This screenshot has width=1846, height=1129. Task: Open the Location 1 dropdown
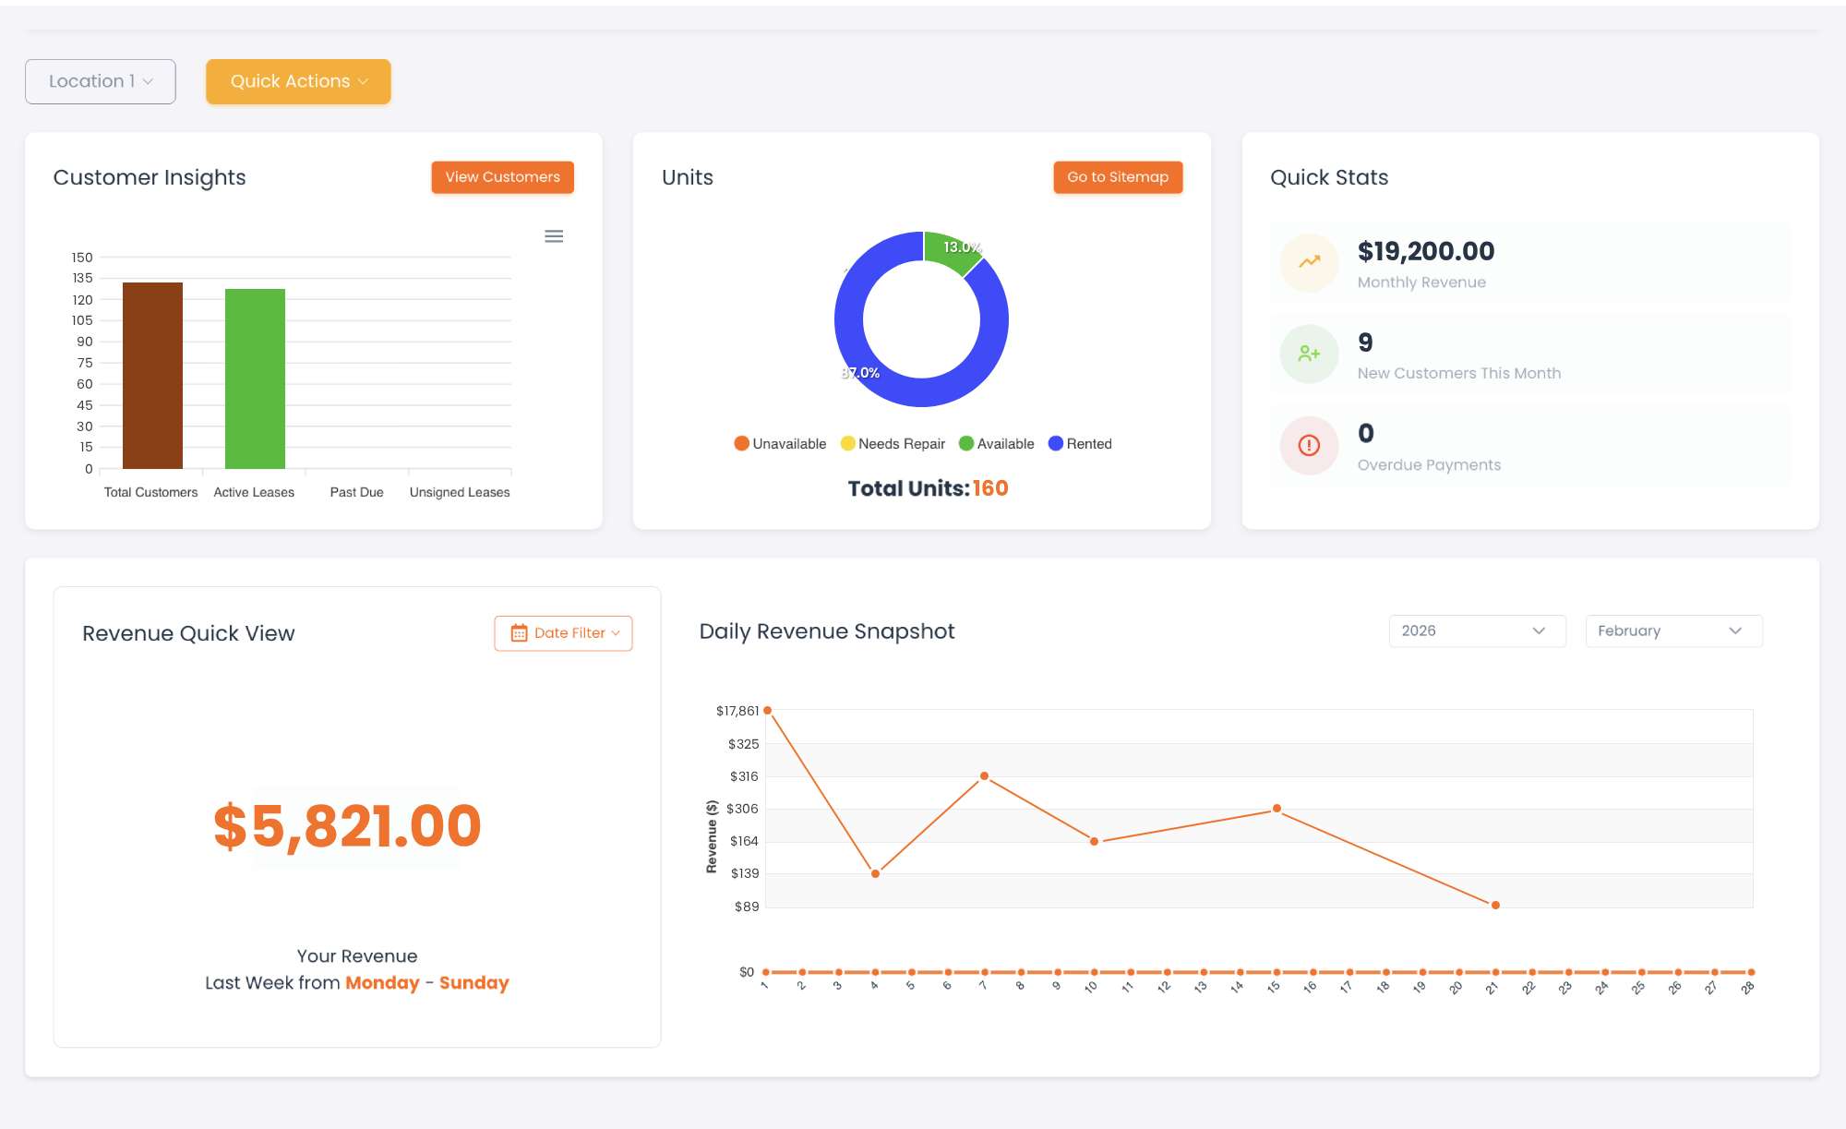100,81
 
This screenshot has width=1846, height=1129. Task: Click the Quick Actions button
298,81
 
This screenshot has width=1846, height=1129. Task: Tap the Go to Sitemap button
1117,177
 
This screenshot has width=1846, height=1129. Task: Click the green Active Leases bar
255,378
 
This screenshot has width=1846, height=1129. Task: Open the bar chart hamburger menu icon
554,236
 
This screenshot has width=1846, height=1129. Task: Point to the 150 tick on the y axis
82,258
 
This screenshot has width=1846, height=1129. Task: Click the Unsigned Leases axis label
459,492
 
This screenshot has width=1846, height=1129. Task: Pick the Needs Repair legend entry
893,444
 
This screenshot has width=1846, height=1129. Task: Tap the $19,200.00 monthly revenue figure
1425,251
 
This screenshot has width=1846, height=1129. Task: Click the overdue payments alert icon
1309,445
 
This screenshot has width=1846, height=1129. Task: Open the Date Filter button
563,633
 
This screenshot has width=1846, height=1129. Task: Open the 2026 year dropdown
1476,631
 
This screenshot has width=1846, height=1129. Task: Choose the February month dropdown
1672,631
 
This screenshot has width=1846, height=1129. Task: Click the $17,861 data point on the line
767,710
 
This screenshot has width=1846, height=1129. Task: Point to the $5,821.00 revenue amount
347,825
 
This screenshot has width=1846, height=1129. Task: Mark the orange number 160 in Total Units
989,488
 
